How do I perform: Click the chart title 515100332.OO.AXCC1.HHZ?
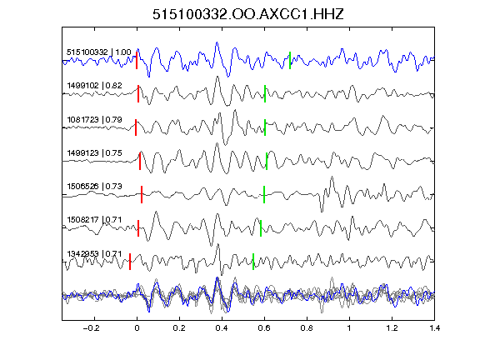(248, 14)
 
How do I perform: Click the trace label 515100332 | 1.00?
(99, 52)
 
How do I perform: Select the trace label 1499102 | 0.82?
(95, 85)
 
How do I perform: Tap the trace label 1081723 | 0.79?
(95, 119)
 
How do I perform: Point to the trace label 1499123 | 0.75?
(95, 152)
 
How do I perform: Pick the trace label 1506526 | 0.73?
(95, 186)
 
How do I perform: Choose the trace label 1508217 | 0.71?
(95, 219)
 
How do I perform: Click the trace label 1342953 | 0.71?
(95, 254)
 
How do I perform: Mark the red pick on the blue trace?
(137, 60)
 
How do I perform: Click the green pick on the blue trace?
(290, 60)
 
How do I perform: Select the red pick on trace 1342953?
(130, 262)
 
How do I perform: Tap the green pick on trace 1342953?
(253, 262)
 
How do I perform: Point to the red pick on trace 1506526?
(142, 194)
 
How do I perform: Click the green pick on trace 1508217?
(261, 228)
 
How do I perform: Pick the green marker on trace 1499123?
(267, 161)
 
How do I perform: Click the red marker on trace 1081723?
(136, 127)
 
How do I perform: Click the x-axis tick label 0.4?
(222, 328)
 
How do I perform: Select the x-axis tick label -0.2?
(91, 328)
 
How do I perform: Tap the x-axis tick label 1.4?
(434, 328)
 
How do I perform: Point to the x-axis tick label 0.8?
(307, 328)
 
